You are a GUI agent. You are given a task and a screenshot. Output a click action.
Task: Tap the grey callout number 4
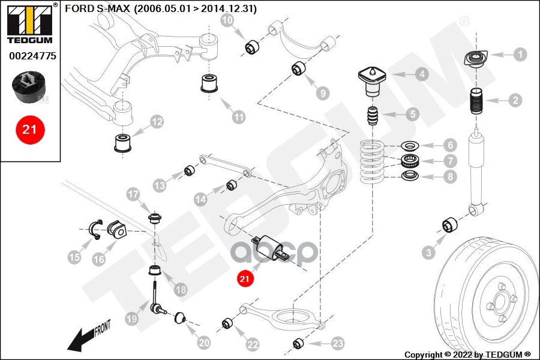click(422, 74)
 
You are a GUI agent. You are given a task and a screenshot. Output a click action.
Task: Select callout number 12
click(156, 122)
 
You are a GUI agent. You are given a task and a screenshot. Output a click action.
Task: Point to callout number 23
click(338, 343)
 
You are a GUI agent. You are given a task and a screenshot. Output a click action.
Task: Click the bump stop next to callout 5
click(373, 116)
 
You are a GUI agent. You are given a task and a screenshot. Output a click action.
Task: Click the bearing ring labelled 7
click(410, 161)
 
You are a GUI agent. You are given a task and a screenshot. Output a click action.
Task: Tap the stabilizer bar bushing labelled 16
click(115, 228)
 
